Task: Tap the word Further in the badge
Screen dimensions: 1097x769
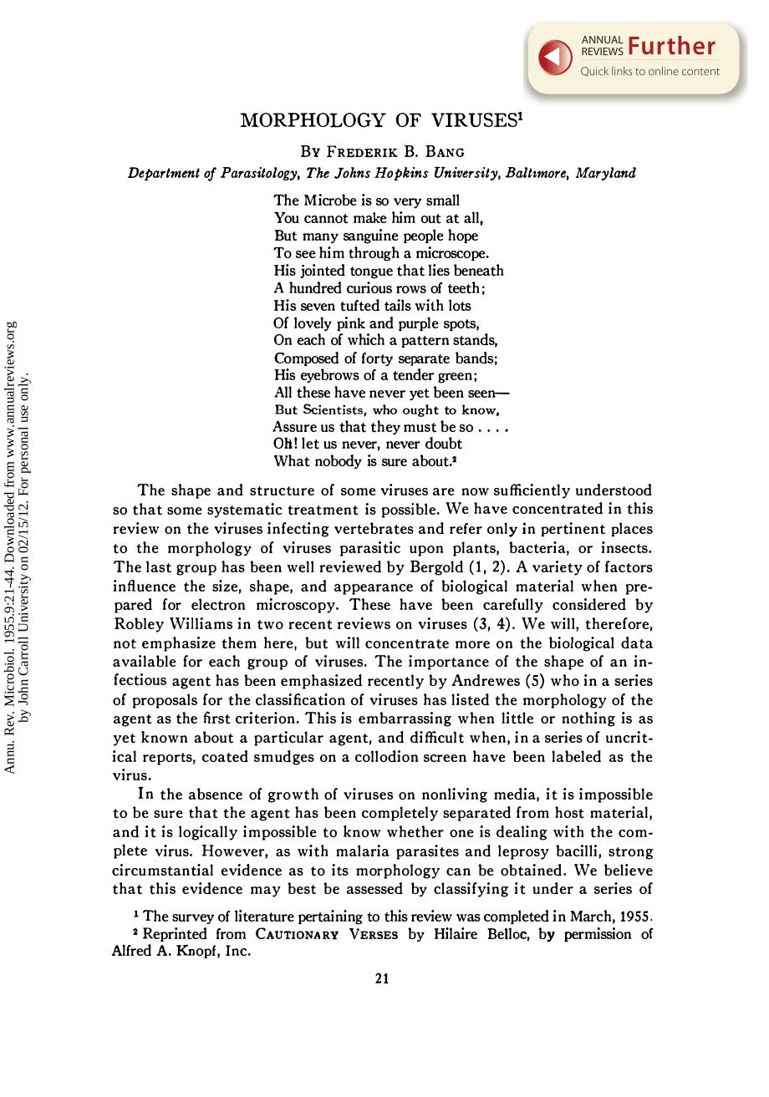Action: coord(672,47)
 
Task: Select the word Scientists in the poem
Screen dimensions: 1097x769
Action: coord(333,410)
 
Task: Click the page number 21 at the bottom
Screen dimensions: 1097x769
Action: coord(382,978)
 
